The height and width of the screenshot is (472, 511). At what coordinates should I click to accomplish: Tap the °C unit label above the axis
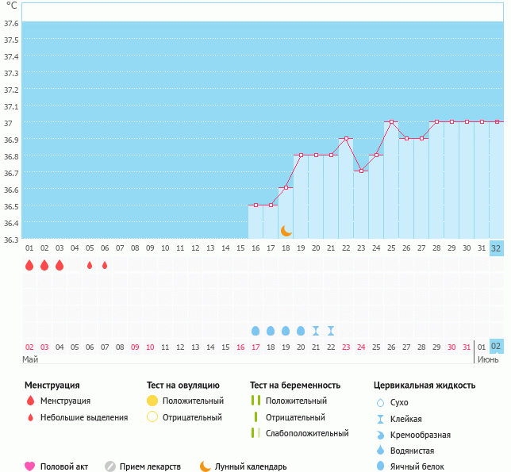pyautogui.click(x=11, y=6)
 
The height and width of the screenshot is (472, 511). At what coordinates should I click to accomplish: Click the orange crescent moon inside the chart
pyautogui.click(x=286, y=231)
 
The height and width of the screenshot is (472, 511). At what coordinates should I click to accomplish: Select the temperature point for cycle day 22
pyautogui.click(x=346, y=138)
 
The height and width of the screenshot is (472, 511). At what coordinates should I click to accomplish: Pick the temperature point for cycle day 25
pyautogui.click(x=391, y=122)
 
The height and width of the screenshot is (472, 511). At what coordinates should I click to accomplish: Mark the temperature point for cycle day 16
pyautogui.click(x=255, y=205)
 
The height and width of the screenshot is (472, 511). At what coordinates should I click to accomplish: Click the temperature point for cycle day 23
pyautogui.click(x=361, y=171)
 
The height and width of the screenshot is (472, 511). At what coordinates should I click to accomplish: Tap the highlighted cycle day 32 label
pyautogui.click(x=496, y=248)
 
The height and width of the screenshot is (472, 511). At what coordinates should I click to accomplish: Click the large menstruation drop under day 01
pyautogui.click(x=29, y=265)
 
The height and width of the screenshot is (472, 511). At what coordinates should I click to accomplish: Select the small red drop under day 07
pyautogui.click(x=105, y=265)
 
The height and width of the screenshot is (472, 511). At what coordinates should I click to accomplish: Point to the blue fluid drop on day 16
pyautogui.click(x=255, y=330)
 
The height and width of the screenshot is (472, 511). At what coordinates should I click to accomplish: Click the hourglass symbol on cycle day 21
pyautogui.click(x=316, y=330)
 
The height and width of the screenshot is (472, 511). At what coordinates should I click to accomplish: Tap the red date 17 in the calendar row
pyautogui.click(x=255, y=347)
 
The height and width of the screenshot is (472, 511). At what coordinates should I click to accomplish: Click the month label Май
pyautogui.click(x=30, y=359)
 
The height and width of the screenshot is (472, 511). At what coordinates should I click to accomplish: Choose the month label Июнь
pyautogui.click(x=487, y=359)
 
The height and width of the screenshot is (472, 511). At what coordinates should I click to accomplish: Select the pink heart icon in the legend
pyautogui.click(x=30, y=466)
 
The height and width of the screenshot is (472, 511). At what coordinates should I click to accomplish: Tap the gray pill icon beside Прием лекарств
pyautogui.click(x=110, y=466)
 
